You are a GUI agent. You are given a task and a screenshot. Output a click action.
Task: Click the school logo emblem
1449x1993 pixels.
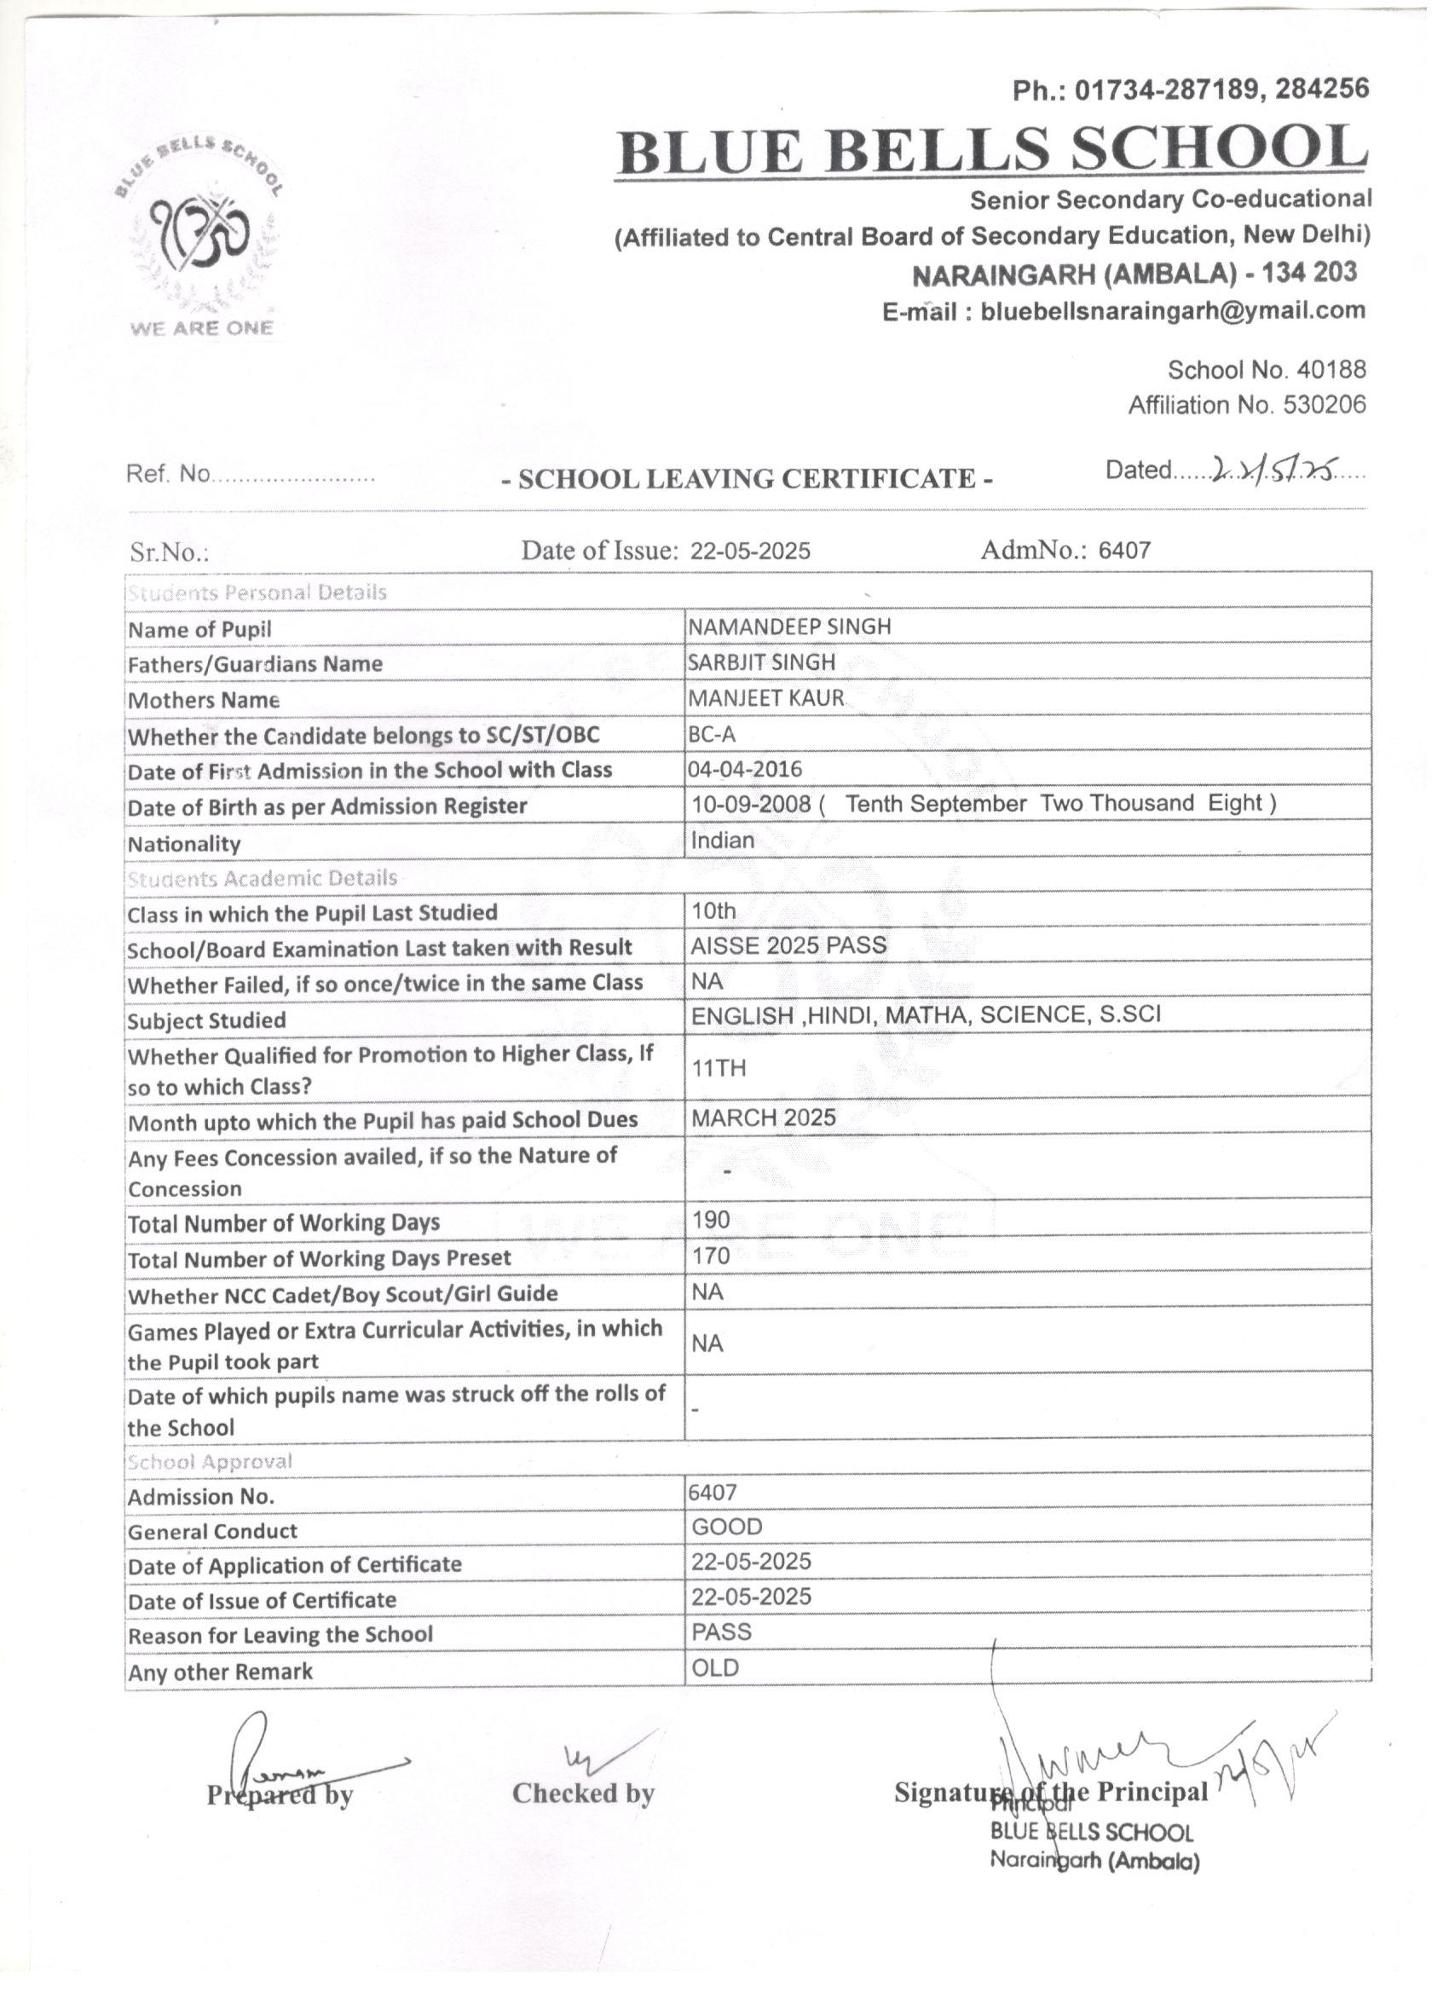pos(201,236)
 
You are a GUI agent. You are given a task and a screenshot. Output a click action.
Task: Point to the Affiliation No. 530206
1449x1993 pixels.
pos(1247,405)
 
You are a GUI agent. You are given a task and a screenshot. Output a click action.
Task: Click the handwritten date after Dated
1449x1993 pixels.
pos(1275,472)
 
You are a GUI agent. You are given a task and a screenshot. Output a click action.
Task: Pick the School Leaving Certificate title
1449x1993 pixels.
pos(747,479)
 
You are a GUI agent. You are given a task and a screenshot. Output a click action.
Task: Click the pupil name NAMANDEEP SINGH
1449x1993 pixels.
pos(790,627)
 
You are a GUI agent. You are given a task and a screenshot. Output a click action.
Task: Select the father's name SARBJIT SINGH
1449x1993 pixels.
pos(762,662)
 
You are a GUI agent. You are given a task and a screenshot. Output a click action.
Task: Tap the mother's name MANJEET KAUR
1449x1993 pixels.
pos(766,699)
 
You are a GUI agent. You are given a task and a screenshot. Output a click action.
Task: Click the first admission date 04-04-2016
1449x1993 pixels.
pos(746,770)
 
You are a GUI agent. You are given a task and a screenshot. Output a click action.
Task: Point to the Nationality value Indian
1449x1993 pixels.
pos(722,841)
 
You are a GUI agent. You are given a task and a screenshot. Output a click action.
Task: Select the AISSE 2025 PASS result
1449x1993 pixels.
pos(788,945)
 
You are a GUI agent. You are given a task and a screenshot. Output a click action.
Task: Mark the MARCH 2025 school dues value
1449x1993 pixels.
pos(764,1118)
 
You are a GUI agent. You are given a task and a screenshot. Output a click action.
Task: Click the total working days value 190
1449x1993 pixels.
pos(711,1221)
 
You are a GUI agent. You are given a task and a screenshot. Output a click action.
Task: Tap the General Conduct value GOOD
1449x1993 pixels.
pos(727,1528)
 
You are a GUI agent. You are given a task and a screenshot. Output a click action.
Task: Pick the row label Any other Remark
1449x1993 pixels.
pos(220,1672)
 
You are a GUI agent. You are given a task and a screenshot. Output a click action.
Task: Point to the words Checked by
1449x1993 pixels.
pos(584,1794)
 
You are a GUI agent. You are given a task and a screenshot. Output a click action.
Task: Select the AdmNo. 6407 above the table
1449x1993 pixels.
pos(1065,551)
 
